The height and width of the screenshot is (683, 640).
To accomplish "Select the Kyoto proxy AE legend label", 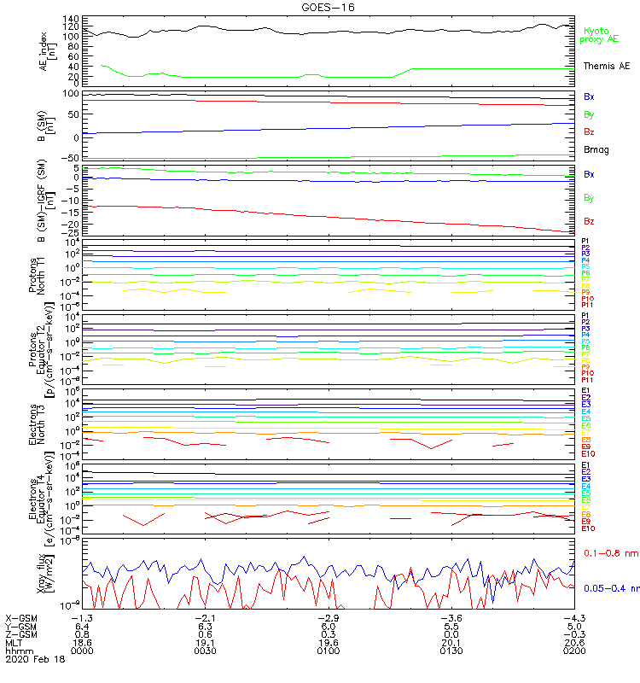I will click(x=599, y=35).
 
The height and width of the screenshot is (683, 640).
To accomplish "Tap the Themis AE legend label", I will click(x=606, y=66).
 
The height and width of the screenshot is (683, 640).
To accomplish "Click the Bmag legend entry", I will click(x=596, y=149).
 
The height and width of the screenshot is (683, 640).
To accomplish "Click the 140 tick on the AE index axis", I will click(x=70, y=19).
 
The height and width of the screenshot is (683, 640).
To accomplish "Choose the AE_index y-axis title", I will click(x=47, y=50).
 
